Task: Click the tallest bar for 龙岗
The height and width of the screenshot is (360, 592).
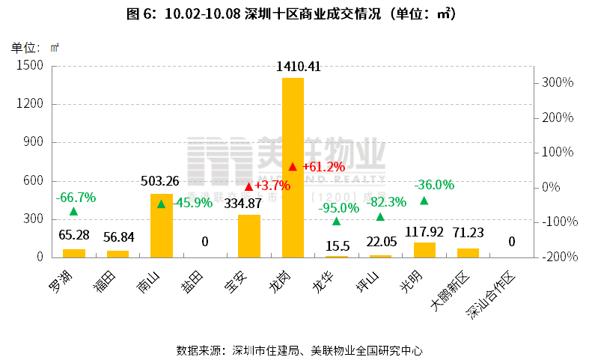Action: (x=293, y=168)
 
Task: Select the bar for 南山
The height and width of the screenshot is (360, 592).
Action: (x=161, y=225)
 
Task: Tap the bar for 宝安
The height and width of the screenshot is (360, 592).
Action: (x=248, y=236)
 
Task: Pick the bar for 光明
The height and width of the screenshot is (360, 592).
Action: (x=424, y=249)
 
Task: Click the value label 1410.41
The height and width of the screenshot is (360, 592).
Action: (x=299, y=67)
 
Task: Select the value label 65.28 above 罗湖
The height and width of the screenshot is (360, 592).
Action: (x=74, y=236)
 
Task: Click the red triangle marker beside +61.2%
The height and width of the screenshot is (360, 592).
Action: (x=293, y=166)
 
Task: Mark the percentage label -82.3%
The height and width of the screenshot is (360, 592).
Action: (x=386, y=201)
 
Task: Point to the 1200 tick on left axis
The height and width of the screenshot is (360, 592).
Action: (x=31, y=104)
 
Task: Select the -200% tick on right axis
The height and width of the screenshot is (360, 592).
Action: (x=558, y=257)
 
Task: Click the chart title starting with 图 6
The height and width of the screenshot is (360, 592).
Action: (x=296, y=14)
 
